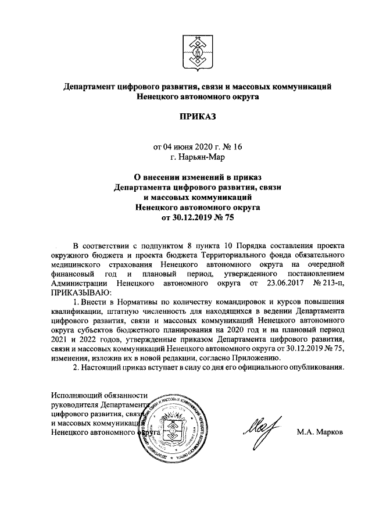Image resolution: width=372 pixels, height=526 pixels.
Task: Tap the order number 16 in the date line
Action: tap(237, 146)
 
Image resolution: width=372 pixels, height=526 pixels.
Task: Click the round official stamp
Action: tap(175, 425)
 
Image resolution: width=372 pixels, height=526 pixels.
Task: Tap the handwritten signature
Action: tap(262, 430)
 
